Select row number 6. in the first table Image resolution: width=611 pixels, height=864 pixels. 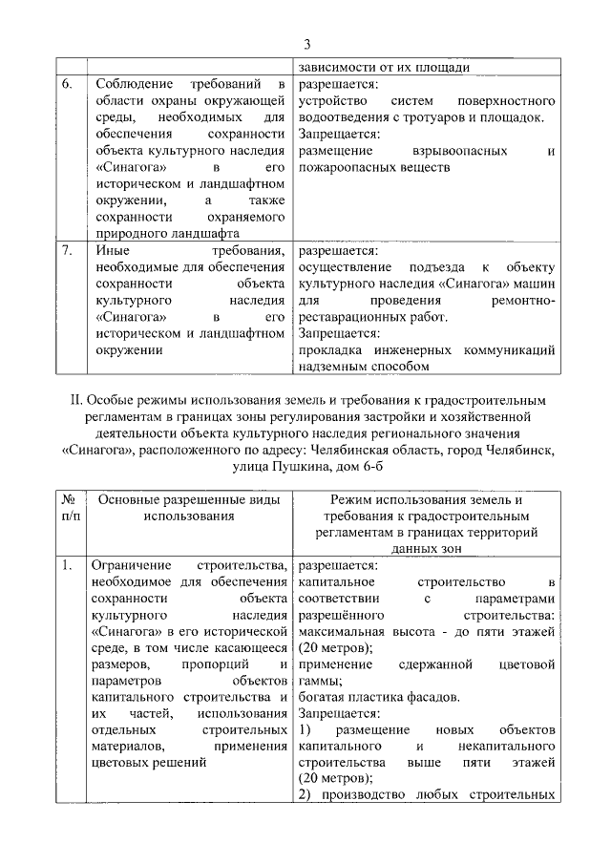pos(68,84)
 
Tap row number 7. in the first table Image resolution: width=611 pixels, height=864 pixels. pos(68,250)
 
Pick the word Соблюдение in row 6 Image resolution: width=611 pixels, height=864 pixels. pos(135,84)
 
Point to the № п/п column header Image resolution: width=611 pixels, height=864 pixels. pos(69,507)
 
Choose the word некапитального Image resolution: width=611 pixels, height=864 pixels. pos(500,747)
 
